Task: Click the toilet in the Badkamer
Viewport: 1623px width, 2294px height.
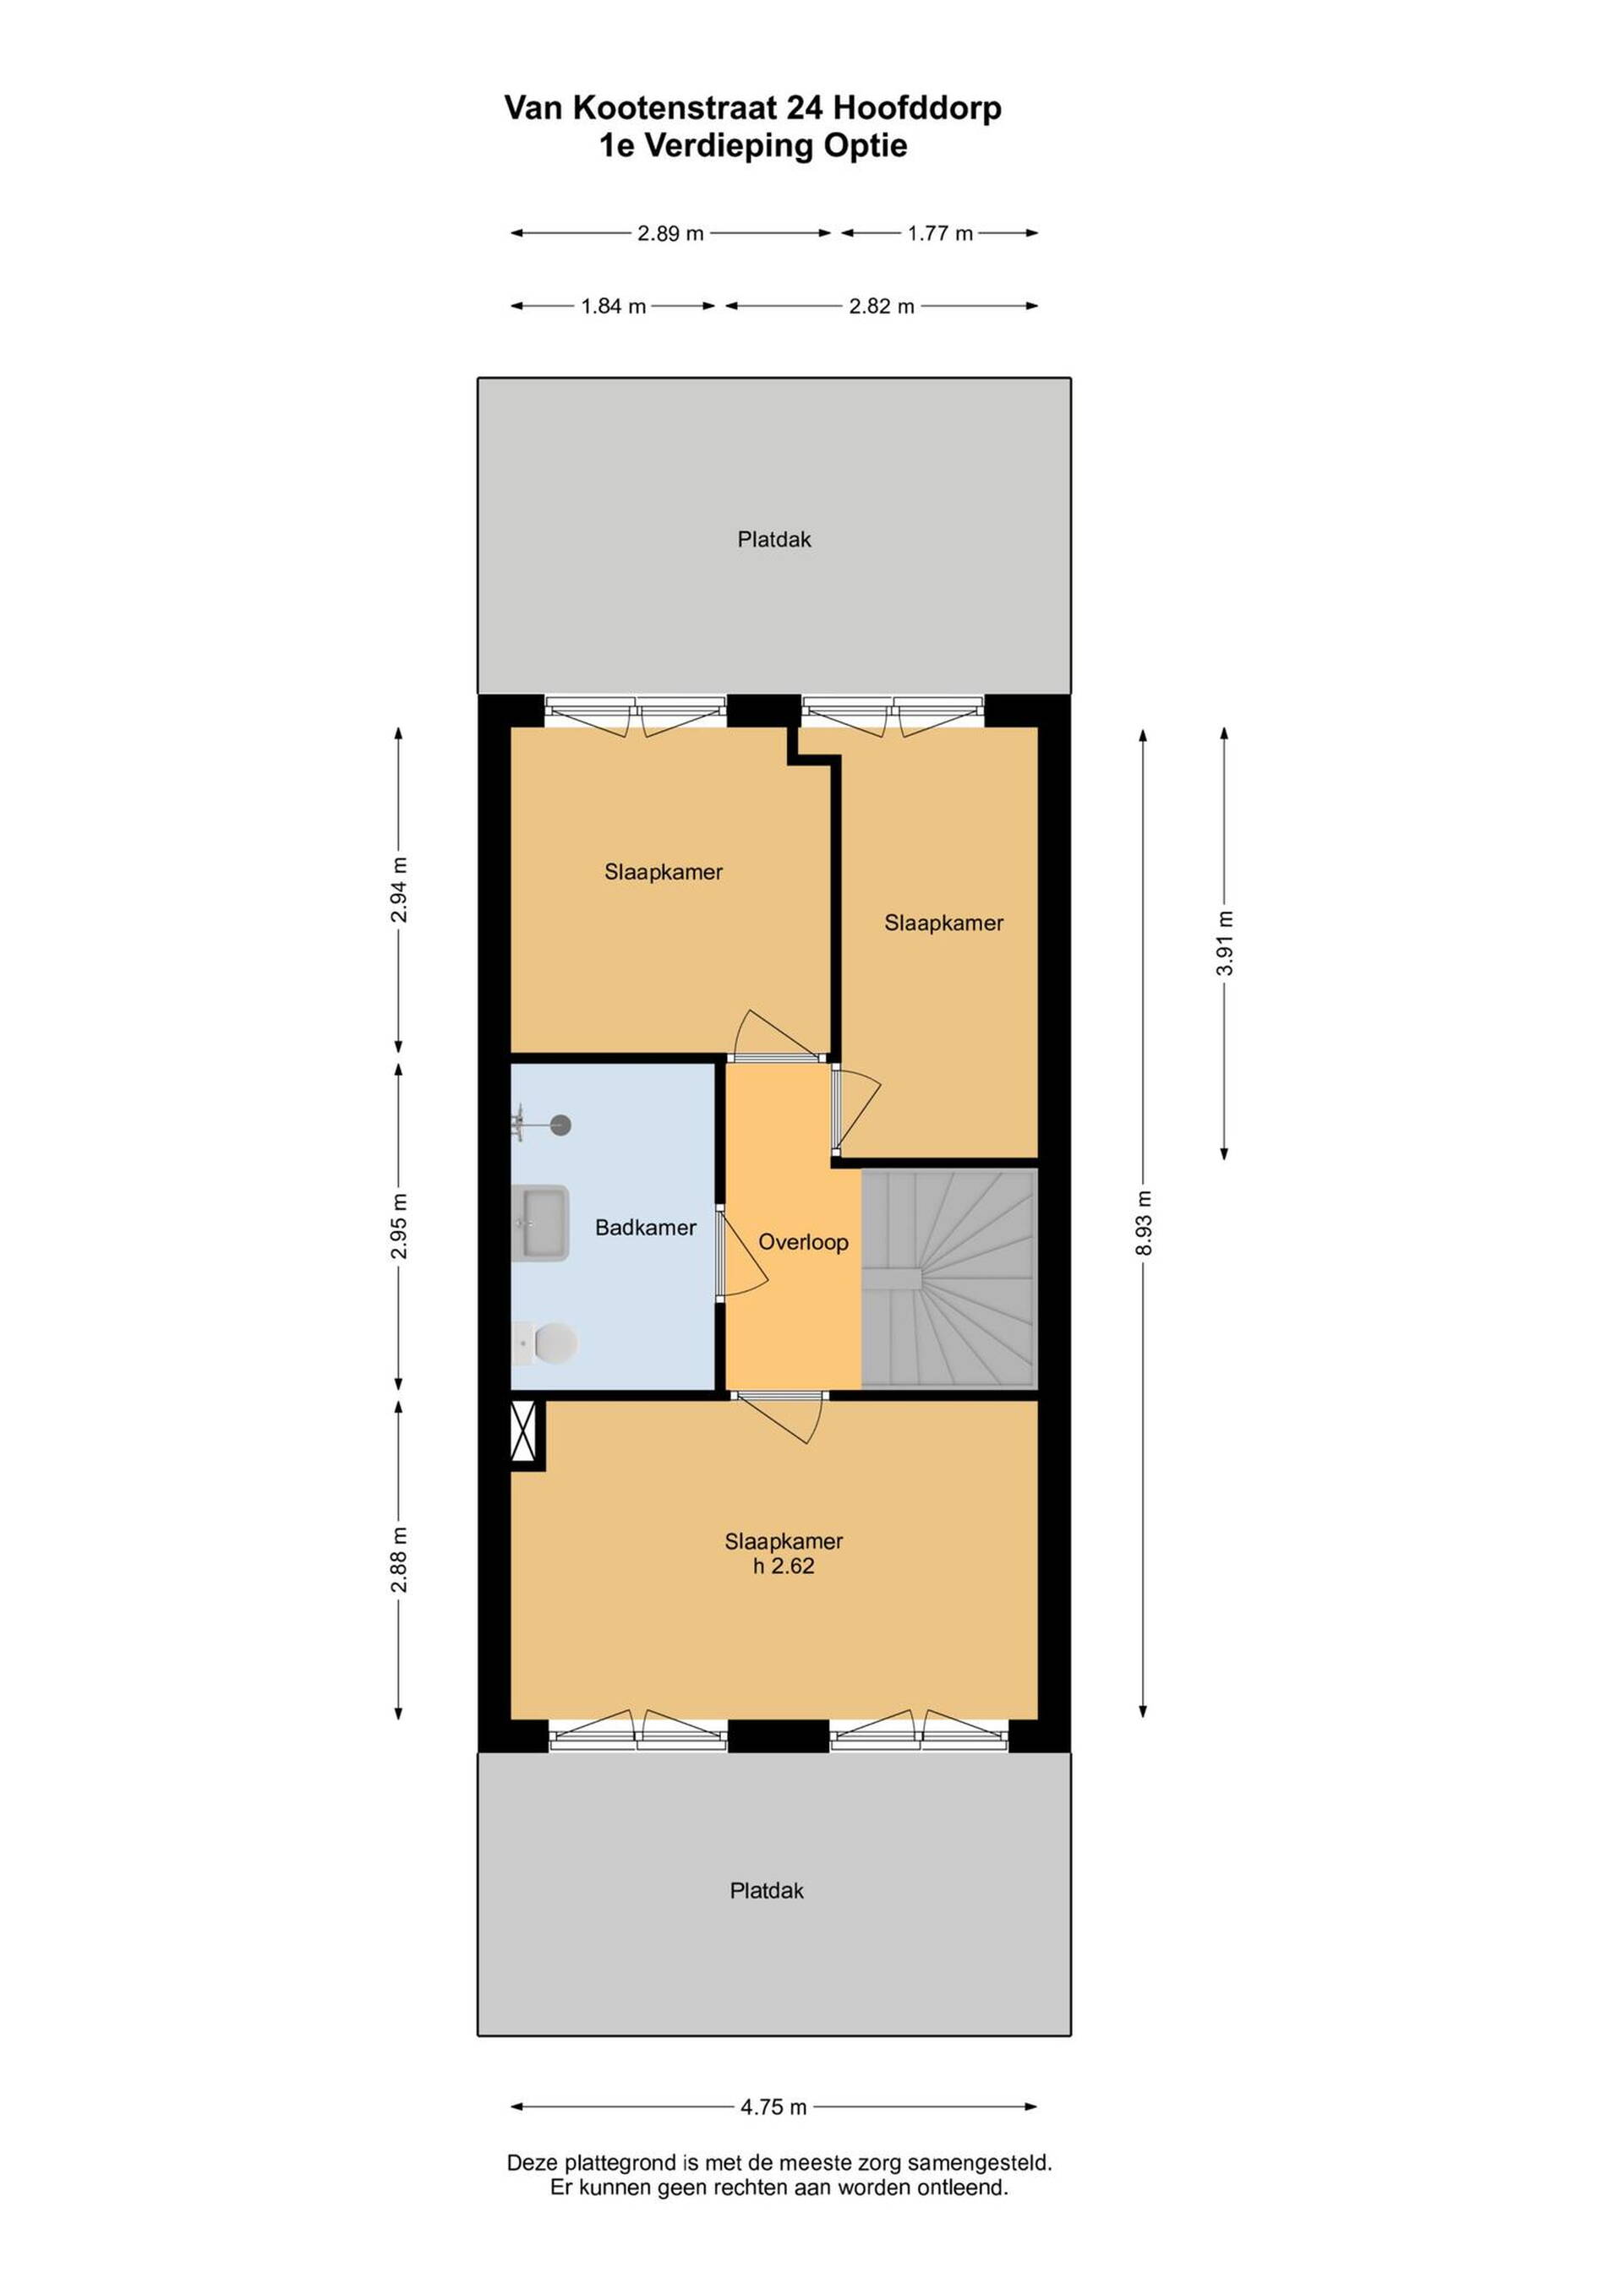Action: coord(544,1343)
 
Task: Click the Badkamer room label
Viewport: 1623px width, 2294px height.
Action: coord(646,1227)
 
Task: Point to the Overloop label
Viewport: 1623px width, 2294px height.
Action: coord(804,1242)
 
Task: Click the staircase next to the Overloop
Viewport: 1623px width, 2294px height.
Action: coord(949,1279)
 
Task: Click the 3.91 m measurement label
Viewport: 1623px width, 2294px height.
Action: coord(1225,943)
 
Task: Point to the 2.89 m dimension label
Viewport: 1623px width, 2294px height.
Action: coord(670,233)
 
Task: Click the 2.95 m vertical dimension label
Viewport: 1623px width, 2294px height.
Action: coord(399,1226)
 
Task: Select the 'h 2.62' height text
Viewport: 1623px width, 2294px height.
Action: coord(784,1566)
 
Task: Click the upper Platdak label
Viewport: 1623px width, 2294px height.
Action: coord(774,540)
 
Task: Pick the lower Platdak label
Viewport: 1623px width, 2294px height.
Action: coord(767,1890)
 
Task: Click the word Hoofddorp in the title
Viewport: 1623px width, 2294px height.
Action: coord(916,108)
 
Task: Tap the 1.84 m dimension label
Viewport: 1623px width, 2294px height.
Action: coord(614,306)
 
